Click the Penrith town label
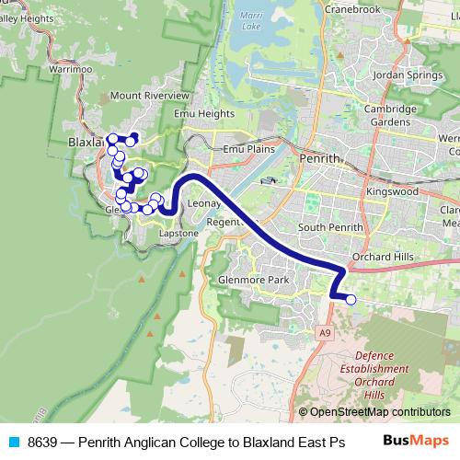(x=320, y=158)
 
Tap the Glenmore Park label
(x=253, y=279)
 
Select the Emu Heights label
(x=204, y=114)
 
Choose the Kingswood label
(x=392, y=191)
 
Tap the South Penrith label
(x=326, y=227)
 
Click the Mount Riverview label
(x=149, y=96)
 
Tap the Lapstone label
(x=178, y=234)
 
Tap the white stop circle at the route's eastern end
(x=351, y=299)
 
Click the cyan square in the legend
(x=13, y=442)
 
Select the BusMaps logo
(x=416, y=441)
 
